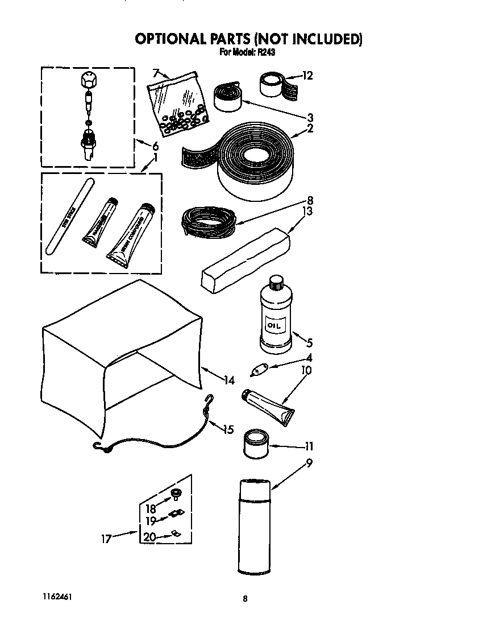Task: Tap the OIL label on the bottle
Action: click(275, 326)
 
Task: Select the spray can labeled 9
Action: click(254, 525)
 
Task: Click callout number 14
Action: click(229, 380)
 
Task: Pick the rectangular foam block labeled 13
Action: click(246, 260)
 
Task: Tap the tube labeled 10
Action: click(267, 405)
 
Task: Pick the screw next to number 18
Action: click(176, 492)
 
